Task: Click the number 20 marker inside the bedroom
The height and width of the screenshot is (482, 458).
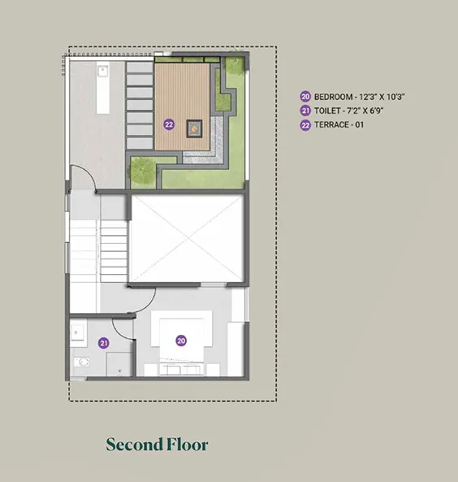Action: [x=181, y=341]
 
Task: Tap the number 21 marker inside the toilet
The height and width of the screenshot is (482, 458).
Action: [x=103, y=343]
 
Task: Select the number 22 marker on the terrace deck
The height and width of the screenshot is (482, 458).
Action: [x=169, y=124]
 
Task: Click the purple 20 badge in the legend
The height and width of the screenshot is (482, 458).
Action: [x=305, y=97]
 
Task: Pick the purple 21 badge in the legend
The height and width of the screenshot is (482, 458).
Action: [x=305, y=111]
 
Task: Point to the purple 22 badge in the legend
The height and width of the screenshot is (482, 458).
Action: [x=305, y=125]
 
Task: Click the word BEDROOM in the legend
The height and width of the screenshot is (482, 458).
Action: [x=333, y=97]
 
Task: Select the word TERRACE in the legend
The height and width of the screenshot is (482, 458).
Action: [x=331, y=125]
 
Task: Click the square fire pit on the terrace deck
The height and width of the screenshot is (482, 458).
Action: [x=194, y=128]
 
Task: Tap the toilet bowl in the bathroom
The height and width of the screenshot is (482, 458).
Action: [x=82, y=362]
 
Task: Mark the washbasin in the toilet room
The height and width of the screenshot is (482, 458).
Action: [x=77, y=332]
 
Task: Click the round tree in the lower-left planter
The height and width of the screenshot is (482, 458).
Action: [x=142, y=171]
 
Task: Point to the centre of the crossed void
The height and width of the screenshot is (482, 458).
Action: [x=187, y=238]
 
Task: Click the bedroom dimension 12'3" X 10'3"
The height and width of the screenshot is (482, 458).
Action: [x=382, y=97]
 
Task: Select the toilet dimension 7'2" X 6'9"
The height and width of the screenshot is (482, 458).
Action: [x=365, y=111]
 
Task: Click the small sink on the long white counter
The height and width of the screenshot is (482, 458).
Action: [x=102, y=72]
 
